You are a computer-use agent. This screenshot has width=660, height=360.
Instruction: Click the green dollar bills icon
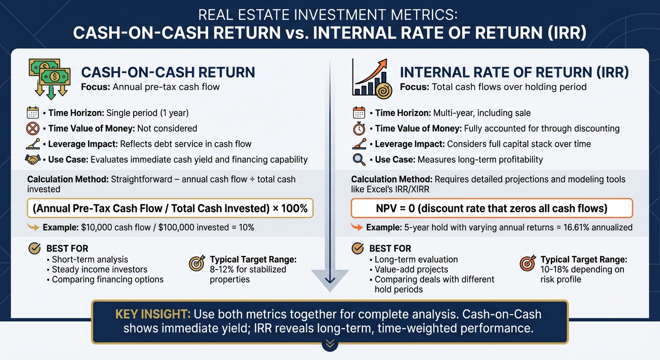click(49, 78)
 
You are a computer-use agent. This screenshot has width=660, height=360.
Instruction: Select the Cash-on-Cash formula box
click(170, 208)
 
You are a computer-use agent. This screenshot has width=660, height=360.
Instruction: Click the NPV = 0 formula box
click(492, 208)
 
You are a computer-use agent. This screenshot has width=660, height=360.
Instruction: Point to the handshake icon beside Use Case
click(32, 160)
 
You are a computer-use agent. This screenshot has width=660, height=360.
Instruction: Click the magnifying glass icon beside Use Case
click(359, 160)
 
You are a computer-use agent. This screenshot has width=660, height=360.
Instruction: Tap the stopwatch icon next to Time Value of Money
click(359, 128)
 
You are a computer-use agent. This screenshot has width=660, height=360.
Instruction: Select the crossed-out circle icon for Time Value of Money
click(32, 128)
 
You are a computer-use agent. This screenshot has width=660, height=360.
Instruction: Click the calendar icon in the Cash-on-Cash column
click(32, 113)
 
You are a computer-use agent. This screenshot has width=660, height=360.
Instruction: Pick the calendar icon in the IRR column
click(359, 113)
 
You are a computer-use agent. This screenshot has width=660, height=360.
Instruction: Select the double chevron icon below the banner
click(330, 344)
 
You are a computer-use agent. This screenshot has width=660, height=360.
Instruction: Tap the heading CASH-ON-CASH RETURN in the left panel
click(168, 73)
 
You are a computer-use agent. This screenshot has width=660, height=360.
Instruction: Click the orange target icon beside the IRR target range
click(527, 264)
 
